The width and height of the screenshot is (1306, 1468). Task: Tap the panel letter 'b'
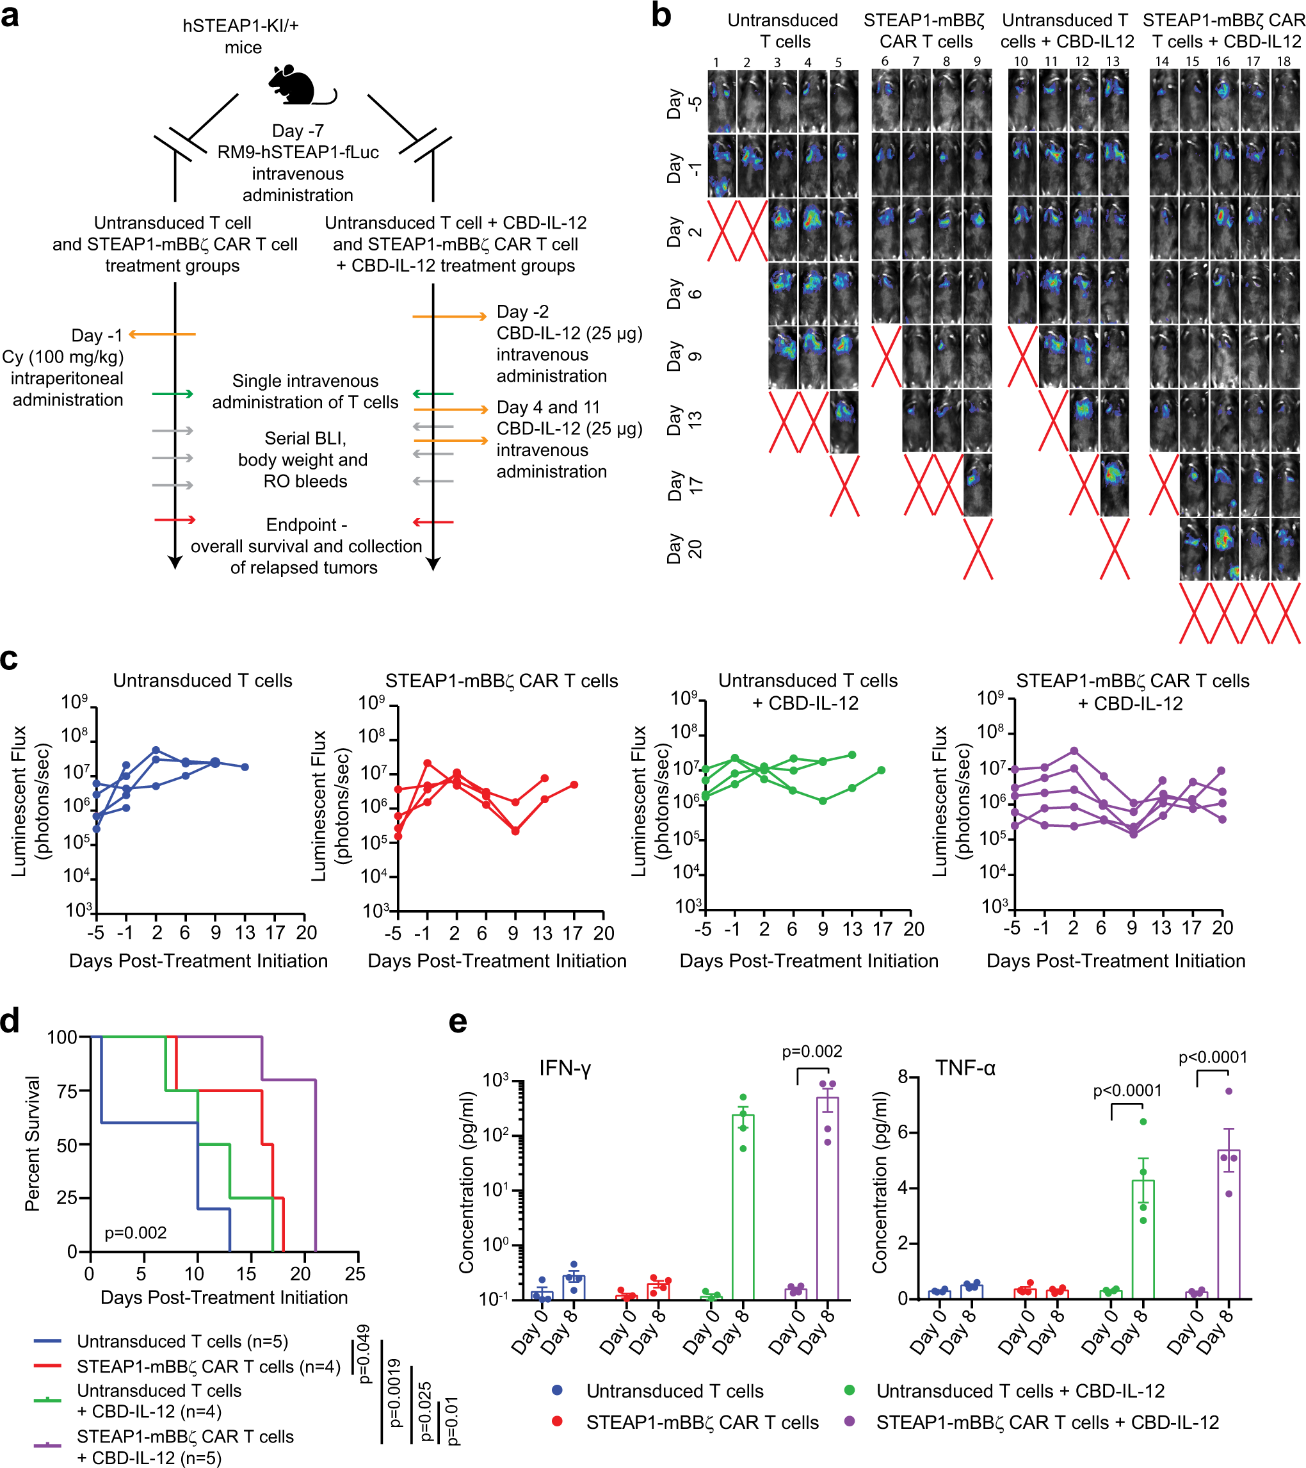coord(661,16)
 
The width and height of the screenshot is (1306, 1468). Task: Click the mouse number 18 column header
coord(1283,61)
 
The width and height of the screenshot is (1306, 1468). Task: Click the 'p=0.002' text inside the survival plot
coord(135,1233)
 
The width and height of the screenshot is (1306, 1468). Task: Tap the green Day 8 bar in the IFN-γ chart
coord(743,1207)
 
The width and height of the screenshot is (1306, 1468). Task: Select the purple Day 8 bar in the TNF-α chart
coord(1229,1225)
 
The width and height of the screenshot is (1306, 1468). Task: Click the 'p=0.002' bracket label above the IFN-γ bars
coord(811,1052)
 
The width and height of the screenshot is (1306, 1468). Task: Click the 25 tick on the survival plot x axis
coord(355,1274)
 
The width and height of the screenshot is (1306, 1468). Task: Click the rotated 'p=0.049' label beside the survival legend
coord(364,1354)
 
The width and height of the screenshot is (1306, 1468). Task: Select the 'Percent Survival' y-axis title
coord(32,1143)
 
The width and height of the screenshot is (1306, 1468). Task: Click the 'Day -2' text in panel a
coord(522,312)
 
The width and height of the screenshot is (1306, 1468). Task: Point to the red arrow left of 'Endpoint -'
coord(175,519)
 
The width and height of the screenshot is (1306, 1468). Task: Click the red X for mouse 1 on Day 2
coord(722,231)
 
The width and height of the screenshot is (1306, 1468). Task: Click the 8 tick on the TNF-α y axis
coord(903,1077)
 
